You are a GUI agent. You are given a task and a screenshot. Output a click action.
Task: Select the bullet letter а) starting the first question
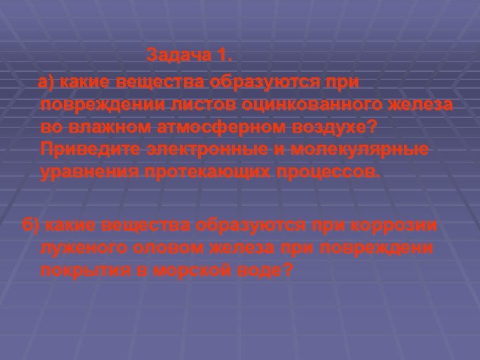47,83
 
